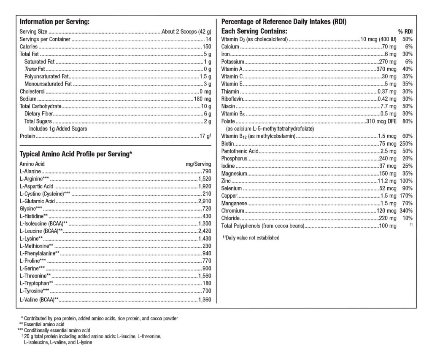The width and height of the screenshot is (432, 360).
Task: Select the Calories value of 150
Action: (207, 47)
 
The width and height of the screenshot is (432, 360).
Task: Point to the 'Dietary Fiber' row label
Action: (38, 114)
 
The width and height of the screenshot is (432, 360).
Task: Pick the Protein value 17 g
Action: (204, 136)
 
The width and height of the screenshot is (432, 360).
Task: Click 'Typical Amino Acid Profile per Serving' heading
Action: (76, 154)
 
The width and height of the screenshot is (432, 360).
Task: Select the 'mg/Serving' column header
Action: (198, 164)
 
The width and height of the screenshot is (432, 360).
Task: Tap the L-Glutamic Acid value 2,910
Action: (205, 201)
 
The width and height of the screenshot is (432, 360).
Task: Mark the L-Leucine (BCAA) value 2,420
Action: (205, 231)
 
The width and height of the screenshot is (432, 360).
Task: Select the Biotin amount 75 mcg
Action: (388, 144)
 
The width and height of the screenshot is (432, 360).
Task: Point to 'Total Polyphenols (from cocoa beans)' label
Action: (262, 226)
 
